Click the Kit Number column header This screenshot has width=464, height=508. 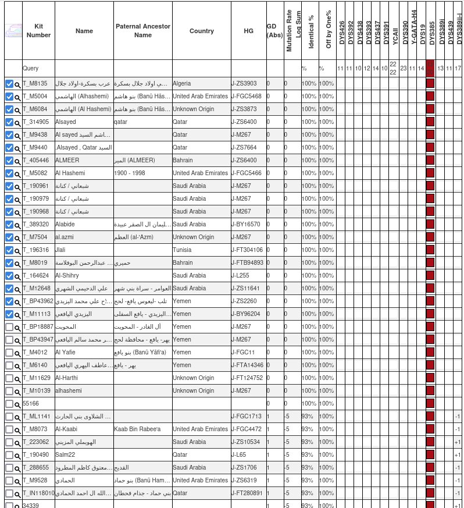pos(38,31)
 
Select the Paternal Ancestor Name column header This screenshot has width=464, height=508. pos(142,31)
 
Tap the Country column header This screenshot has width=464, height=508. pos(201,31)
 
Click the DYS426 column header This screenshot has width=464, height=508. pos(341,33)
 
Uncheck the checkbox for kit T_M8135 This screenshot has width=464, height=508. pos(9,84)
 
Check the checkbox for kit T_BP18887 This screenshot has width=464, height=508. pos(9,327)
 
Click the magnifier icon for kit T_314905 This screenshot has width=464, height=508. pos(17,123)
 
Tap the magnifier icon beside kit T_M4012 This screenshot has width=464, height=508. pos(17,353)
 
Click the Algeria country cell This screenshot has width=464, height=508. pos(182,84)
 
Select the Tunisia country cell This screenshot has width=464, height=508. pos(182,250)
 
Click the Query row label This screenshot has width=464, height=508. pos(31,68)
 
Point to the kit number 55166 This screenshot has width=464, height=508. pos(31,404)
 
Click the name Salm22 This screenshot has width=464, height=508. pos(65,455)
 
